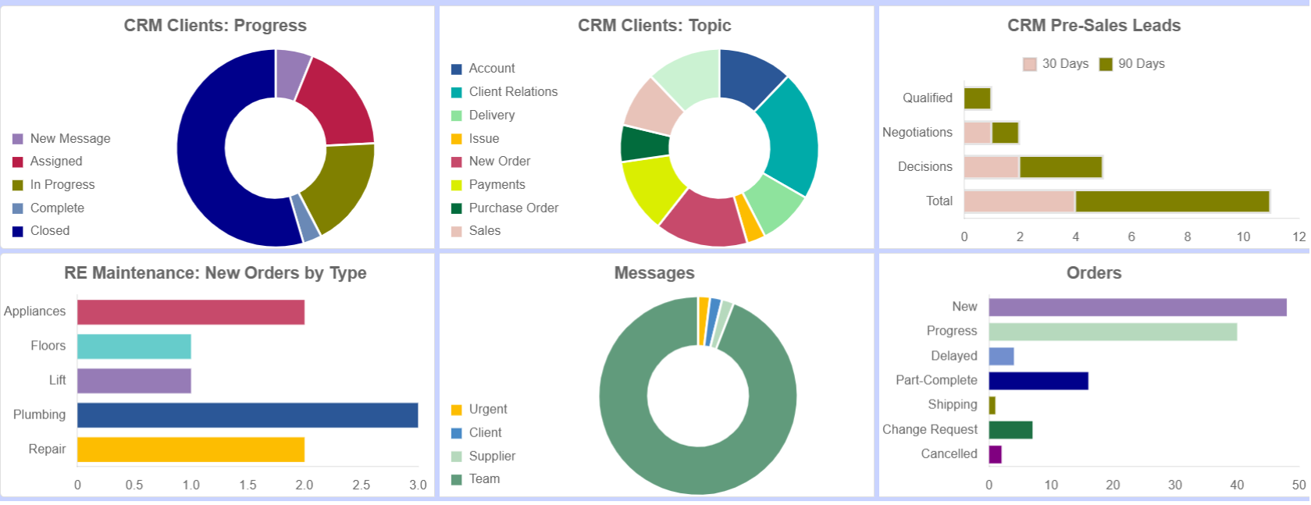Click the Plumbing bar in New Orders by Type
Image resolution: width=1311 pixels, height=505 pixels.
click(x=247, y=415)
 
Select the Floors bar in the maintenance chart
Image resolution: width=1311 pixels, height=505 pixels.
click(x=134, y=347)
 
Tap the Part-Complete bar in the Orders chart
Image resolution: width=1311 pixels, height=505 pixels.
click(x=1038, y=381)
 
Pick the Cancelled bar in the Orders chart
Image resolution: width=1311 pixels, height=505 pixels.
click(x=995, y=454)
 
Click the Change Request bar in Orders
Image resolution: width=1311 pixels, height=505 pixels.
click(x=1010, y=430)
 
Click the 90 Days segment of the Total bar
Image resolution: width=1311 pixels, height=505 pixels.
click(x=1171, y=201)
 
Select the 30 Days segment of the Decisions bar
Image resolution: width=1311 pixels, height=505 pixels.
click(x=992, y=167)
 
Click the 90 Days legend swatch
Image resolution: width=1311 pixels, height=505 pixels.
click(x=1106, y=64)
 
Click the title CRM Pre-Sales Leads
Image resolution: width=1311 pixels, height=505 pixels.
click(x=1093, y=26)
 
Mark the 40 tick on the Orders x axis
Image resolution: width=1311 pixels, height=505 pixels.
click(x=1237, y=485)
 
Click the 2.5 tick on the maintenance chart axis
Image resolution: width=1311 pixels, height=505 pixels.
click(x=361, y=485)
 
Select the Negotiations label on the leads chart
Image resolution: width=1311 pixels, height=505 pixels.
click(x=917, y=133)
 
